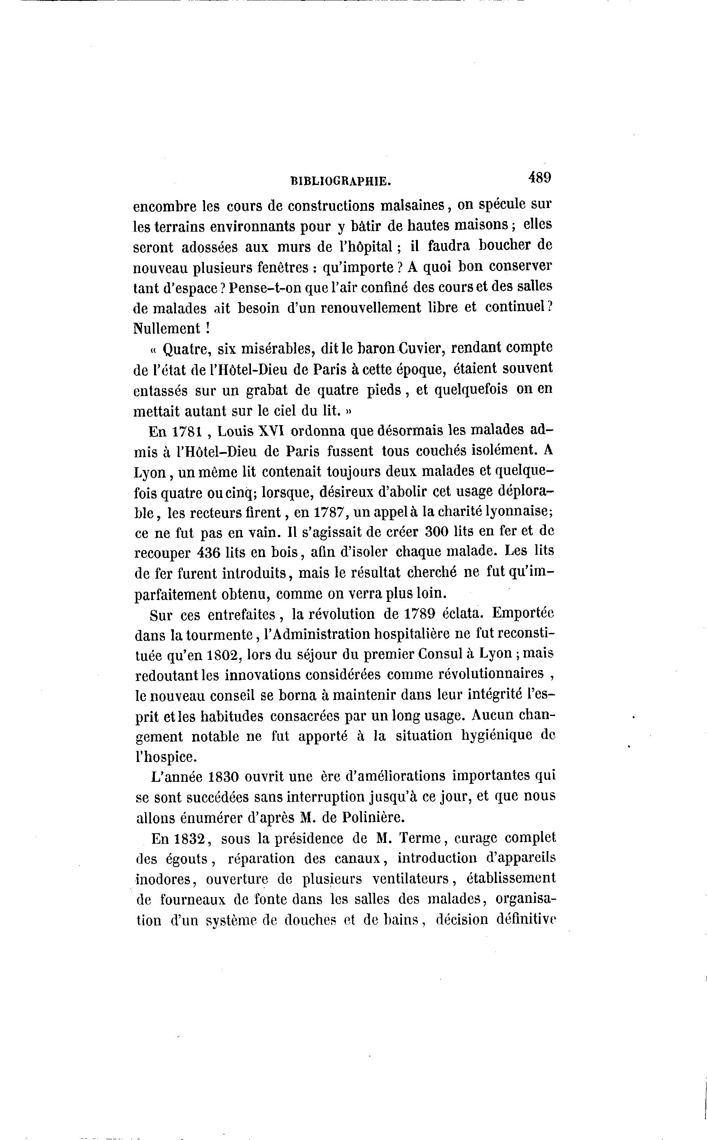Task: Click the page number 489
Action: point(540,178)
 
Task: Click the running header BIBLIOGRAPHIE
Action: point(340,181)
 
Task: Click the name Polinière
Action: point(374,818)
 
